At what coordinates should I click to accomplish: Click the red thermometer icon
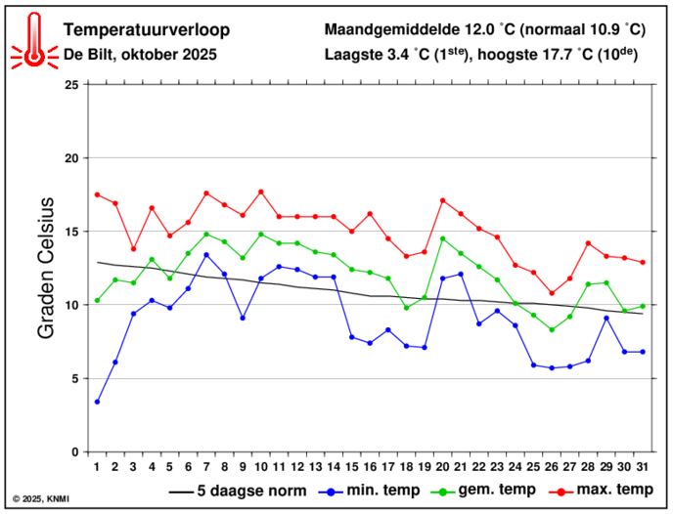coord(34,42)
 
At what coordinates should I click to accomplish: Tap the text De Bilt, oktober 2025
coord(140,55)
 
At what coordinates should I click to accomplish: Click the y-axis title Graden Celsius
coord(46,268)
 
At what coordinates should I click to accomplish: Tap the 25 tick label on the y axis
coord(70,85)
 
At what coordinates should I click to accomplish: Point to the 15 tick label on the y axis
coord(70,232)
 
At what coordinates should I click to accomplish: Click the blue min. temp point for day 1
coord(97,402)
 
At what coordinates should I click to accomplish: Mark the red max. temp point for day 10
coord(261,192)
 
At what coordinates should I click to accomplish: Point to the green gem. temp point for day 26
coord(552,329)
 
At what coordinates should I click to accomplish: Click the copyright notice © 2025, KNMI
coord(43,499)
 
